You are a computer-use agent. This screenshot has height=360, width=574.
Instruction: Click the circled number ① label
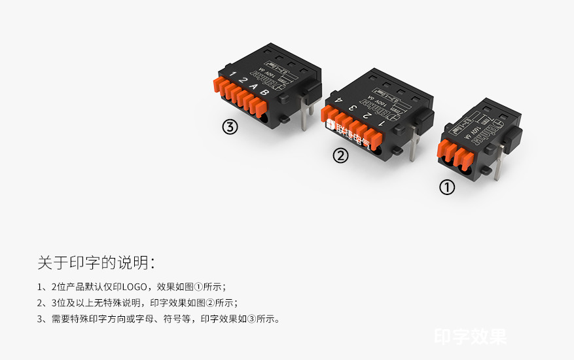click(446, 188)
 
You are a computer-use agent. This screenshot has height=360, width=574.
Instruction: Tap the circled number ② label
click(340, 156)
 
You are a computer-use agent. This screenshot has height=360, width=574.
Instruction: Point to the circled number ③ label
click(230, 127)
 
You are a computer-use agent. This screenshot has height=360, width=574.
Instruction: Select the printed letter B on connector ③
click(264, 92)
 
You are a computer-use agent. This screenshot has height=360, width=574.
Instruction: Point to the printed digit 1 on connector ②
click(381, 122)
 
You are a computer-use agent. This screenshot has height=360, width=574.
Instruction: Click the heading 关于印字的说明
click(96, 263)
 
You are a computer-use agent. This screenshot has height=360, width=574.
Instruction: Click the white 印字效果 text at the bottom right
click(470, 336)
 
